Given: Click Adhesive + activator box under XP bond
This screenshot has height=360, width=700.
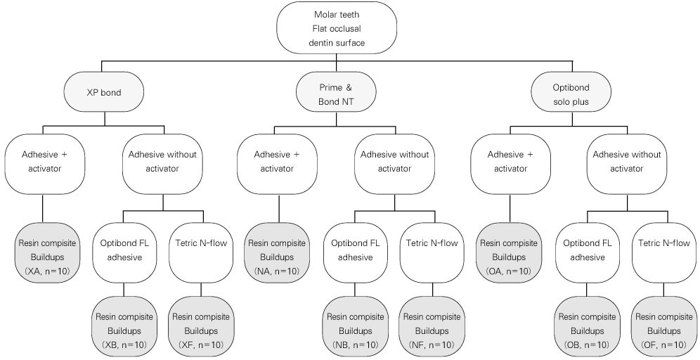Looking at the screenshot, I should (x=44, y=162).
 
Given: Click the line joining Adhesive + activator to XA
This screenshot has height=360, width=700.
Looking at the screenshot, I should (x=44, y=210).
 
